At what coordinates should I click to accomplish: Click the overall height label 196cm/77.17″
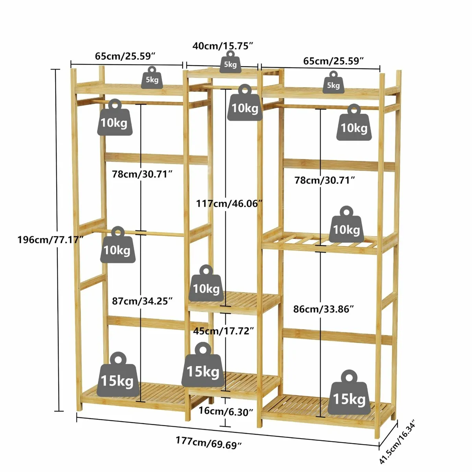pos(50,239)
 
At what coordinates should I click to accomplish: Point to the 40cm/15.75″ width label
pos(222,46)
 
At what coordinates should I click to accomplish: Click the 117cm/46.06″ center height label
pos(229,203)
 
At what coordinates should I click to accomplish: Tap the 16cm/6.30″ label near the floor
pos(226,412)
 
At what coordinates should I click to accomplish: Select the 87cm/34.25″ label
pos(142,301)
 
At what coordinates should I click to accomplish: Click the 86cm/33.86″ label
pos(324,309)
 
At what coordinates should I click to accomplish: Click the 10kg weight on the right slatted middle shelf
pos(346,226)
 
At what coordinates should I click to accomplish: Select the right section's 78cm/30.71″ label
pos(325,180)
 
